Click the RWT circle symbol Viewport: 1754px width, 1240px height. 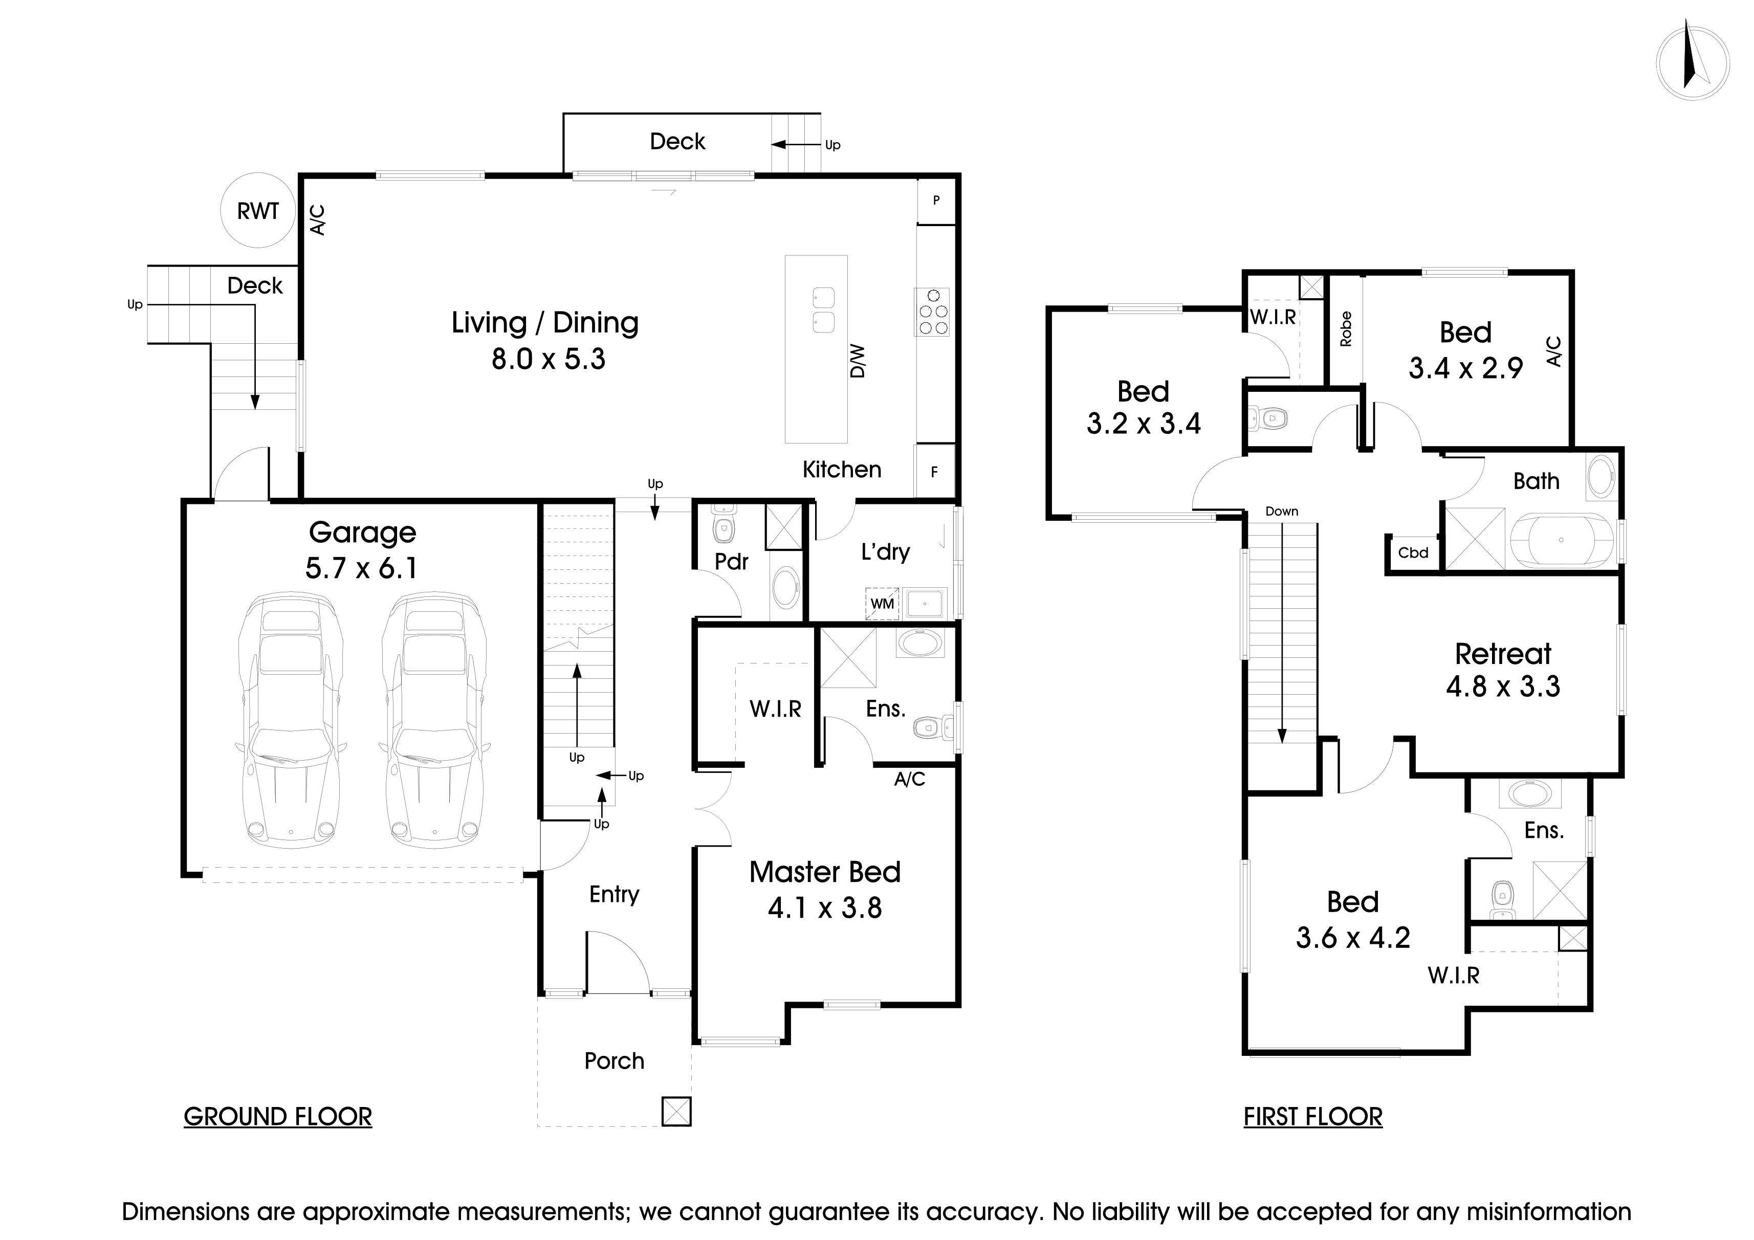(x=257, y=211)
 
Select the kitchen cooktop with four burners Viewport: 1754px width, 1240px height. (x=932, y=312)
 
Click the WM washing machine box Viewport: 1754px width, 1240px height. (x=882, y=603)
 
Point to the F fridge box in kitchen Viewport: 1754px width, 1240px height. (x=934, y=472)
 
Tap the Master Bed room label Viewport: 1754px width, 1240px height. (x=824, y=872)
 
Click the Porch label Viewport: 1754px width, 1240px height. (x=614, y=1060)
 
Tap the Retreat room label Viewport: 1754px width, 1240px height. (x=1503, y=654)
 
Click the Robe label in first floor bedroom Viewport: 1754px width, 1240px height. (x=1346, y=329)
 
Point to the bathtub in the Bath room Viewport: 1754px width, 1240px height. (x=1560, y=541)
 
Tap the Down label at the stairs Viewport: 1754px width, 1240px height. (x=1281, y=512)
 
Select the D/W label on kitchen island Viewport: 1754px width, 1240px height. (x=858, y=361)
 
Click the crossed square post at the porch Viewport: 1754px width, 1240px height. (x=676, y=1111)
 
